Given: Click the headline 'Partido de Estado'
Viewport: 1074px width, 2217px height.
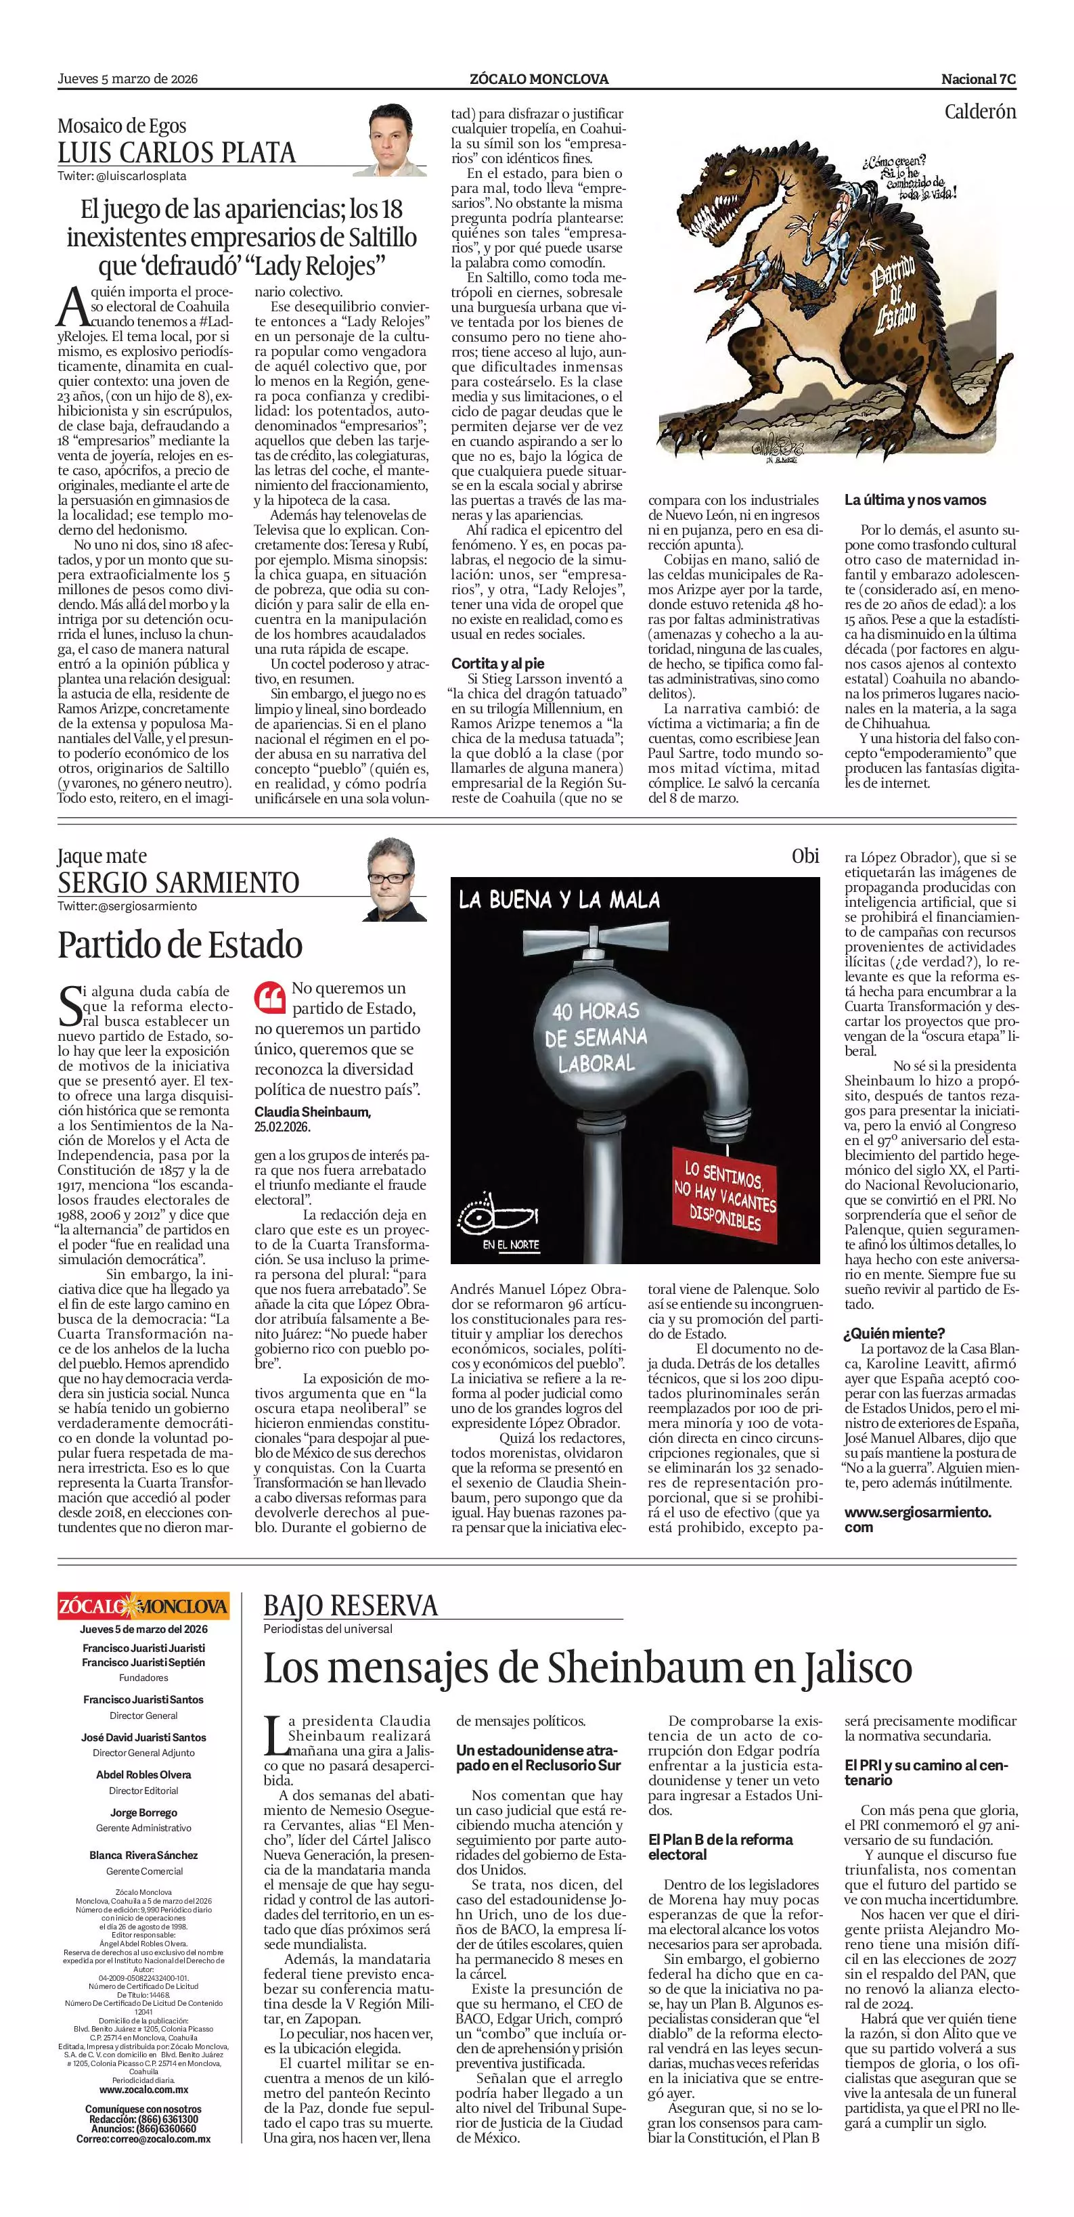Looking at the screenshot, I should coord(180,945).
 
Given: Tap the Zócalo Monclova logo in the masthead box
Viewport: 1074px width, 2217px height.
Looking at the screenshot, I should coord(143,1606).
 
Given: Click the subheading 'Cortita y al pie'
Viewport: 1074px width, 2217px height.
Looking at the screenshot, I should coord(498,664).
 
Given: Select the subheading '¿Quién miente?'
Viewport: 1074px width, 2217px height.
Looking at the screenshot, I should coord(894,1333).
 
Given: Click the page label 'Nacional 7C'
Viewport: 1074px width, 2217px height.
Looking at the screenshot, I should coord(978,79).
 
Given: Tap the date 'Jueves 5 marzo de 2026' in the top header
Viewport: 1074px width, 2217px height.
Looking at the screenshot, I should coord(127,79).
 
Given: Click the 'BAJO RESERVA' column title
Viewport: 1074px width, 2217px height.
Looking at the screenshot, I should coord(351,1606).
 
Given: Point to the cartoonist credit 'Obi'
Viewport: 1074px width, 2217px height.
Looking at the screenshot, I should coord(805,855).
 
